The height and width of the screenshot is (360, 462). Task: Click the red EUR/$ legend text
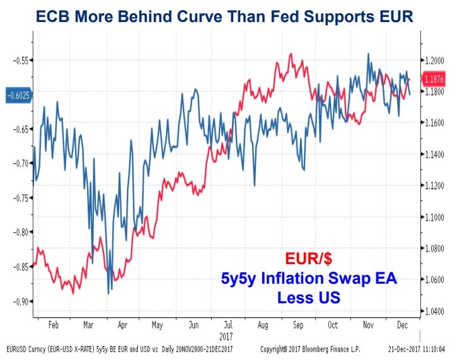(308, 258)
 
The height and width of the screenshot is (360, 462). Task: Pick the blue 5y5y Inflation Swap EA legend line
(309, 277)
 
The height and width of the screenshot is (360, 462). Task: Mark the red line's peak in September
(291, 54)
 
